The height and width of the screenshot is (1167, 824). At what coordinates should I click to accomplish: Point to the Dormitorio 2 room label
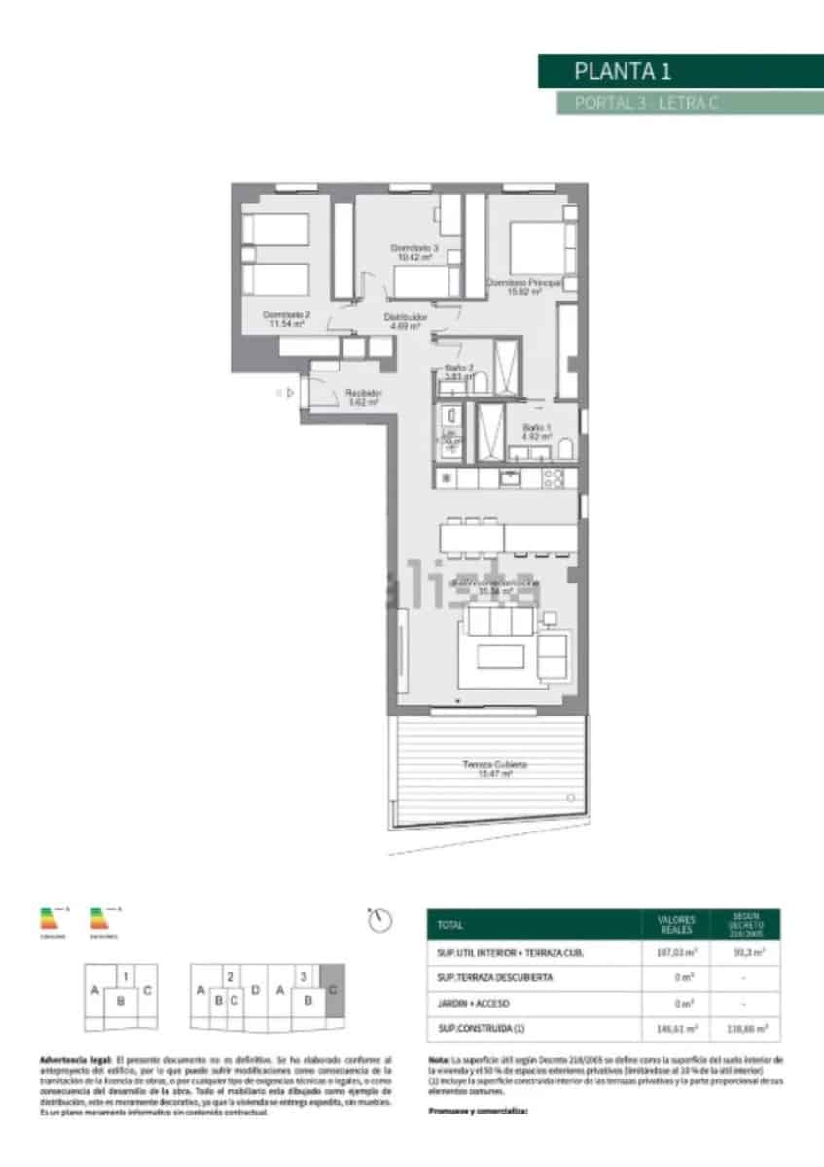coord(287,319)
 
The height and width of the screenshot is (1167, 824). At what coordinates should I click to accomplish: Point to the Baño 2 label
coord(459,372)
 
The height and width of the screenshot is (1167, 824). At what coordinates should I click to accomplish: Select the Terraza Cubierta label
coord(495,769)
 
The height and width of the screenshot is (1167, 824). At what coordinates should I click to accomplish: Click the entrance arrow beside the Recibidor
coord(289,392)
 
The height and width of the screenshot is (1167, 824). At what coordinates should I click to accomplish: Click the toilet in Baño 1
coord(564,448)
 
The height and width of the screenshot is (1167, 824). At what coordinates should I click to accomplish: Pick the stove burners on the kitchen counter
coord(554,477)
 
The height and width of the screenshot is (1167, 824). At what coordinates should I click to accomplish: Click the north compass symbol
coord(381,919)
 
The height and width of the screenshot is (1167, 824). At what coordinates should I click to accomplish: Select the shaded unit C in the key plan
coord(333,991)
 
